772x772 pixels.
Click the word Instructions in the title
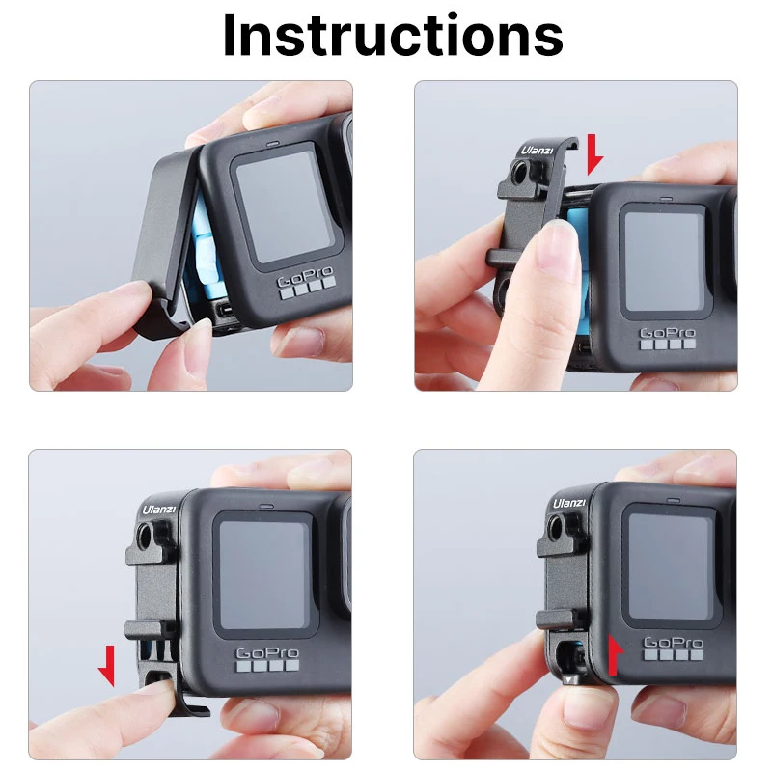pyautogui.click(x=392, y=36)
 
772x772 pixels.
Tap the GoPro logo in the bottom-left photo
pyautogui.click(x=266, y=656)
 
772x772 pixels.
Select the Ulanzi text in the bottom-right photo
pyautogui.click(x=568, y=502)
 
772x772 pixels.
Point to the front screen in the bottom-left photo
pyautogui.click(x=263, y=577)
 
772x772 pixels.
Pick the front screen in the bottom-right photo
pyautogui.click(x=672, y=565)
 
